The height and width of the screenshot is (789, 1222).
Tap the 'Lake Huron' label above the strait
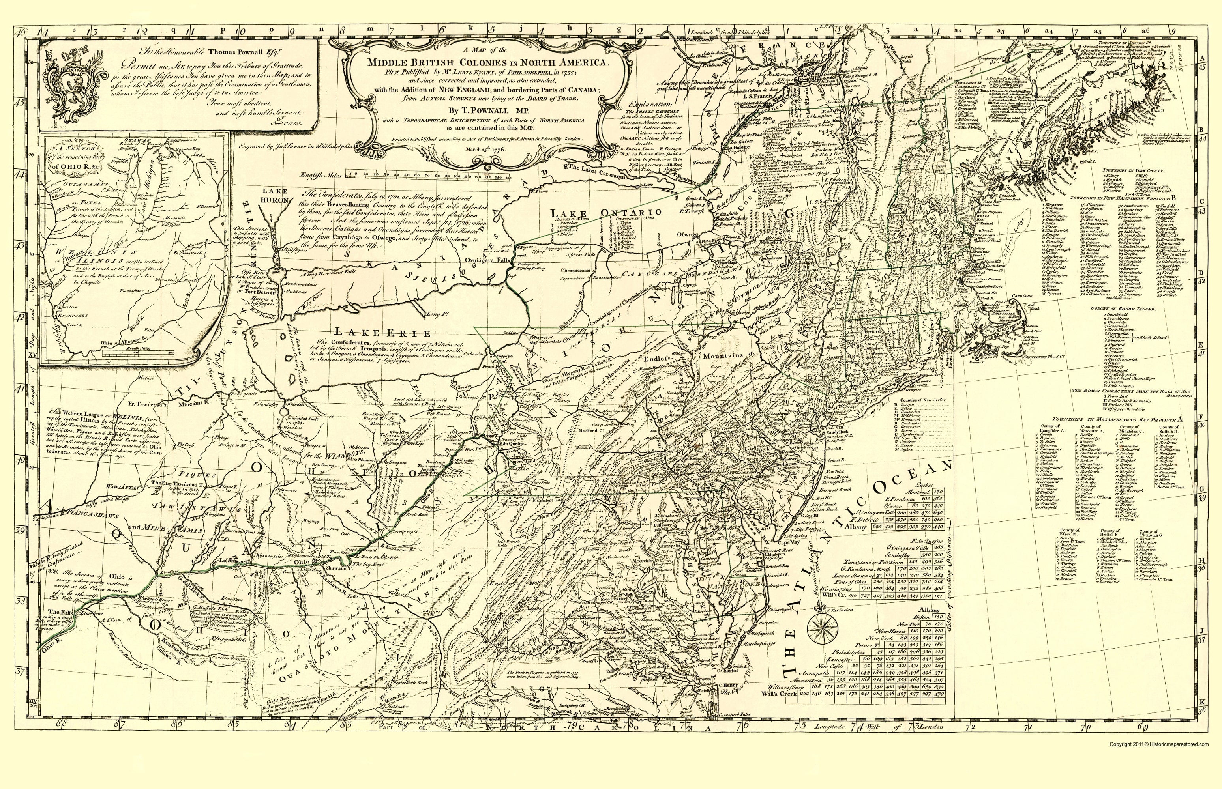pyautogui.click(x=277, y=195)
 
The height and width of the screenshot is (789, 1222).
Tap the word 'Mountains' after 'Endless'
pyautogui.click(x=723, y=356)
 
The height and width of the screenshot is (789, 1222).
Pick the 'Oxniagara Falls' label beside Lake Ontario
pyautogui.click(x=491, y=259)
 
